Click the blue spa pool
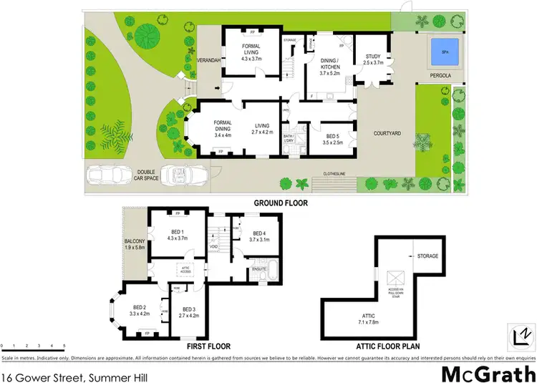pos(444,50)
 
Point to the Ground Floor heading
pos(281,203)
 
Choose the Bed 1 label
pos(178,235)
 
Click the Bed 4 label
pos(259,236)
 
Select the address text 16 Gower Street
pos(53,372)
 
